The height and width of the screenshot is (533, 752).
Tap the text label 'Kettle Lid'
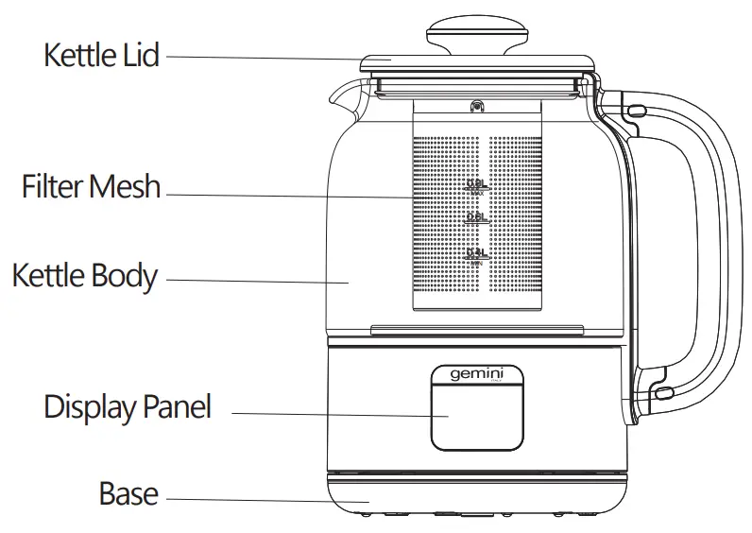point(101,55)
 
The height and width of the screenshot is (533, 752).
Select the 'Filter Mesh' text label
point(91,186)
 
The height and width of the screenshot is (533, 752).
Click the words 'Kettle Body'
point(84,276)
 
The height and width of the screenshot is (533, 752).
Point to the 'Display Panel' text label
point(128,407)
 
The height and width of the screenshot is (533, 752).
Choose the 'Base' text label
point(128,493)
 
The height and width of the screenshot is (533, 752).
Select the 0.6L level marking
point(477,218)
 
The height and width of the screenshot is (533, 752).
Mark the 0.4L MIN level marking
point(477,255)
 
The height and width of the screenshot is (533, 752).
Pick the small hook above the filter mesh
point(477,108)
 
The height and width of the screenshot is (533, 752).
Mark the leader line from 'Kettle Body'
point(255,281)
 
